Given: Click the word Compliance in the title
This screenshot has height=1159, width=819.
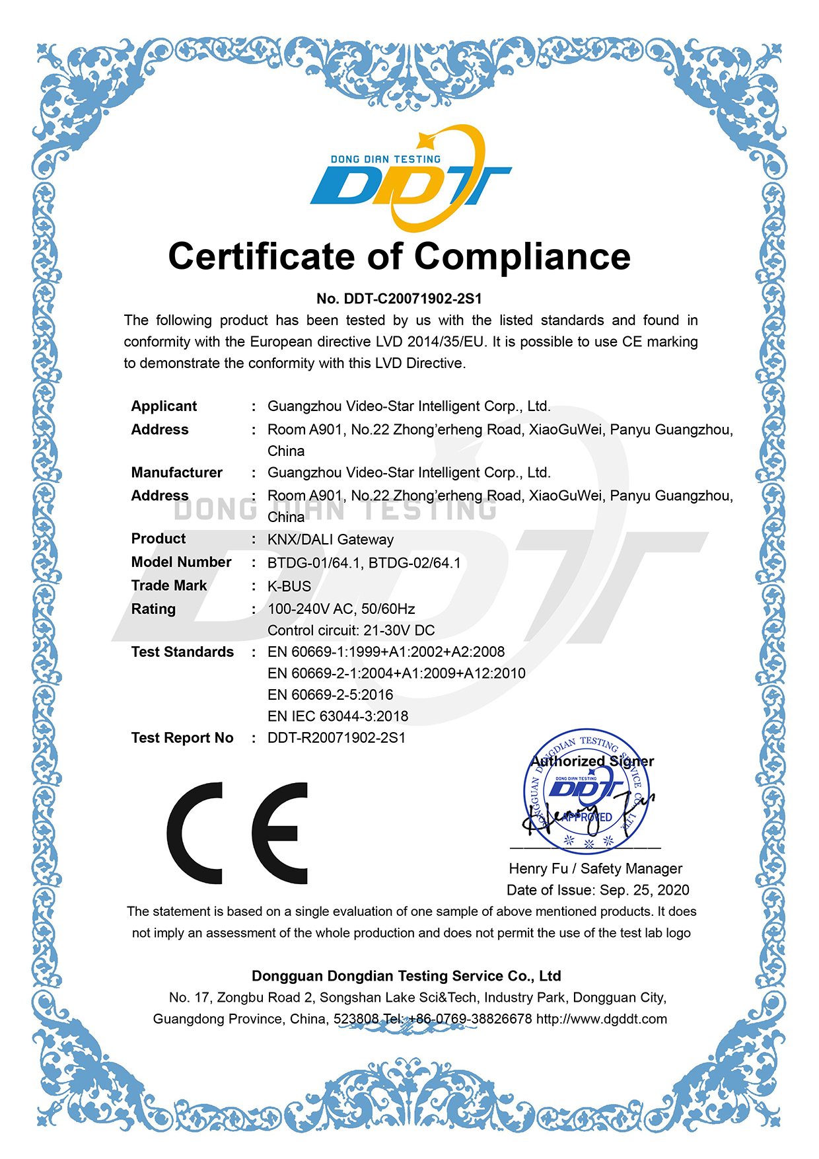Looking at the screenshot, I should click(522, 256).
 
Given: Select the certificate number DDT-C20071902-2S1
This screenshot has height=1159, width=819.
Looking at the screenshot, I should click(413, 299).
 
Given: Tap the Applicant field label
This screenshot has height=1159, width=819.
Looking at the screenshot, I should click(164, 406).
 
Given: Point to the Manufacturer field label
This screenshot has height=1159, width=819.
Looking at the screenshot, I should click(176, 473).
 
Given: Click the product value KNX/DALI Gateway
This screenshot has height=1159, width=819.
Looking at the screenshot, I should click(330, 540).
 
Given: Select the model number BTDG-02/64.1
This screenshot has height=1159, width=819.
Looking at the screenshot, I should click(414, 563).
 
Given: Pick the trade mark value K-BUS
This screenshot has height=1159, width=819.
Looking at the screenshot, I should click(289, 586).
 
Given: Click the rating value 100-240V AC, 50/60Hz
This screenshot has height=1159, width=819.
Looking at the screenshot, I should click(341, 609).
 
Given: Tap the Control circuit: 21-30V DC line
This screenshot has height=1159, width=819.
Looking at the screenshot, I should click(351, 630).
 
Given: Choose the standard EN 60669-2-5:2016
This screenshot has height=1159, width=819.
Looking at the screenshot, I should click(330, 695).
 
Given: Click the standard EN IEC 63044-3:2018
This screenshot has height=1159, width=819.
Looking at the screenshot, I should click(338, 716).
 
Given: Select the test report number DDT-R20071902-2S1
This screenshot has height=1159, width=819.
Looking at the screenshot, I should click(336, 738).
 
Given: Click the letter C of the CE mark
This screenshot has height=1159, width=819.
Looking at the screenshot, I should click(196, 833).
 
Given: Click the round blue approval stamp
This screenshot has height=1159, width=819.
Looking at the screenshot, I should click(587, 792).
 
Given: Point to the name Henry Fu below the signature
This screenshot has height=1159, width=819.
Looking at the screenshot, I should click(538, 869).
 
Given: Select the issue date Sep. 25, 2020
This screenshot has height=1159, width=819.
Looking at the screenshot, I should click(644, 891).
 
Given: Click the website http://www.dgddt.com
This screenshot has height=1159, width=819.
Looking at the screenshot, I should click(601, 1020).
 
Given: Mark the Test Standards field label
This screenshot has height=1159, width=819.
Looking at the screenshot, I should click(182, 652).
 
